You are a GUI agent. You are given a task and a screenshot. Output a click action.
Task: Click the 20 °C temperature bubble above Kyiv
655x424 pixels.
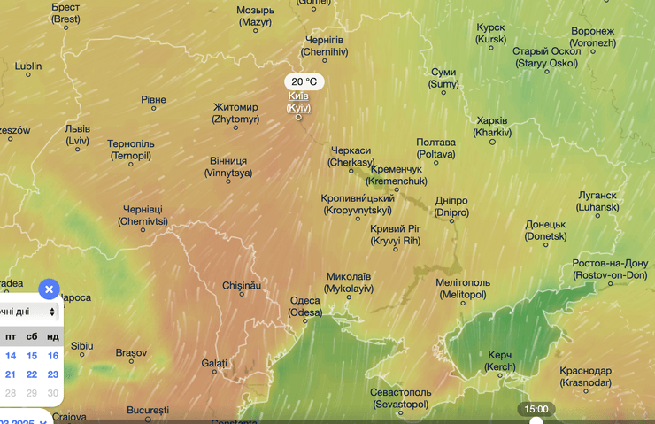click(304, 81)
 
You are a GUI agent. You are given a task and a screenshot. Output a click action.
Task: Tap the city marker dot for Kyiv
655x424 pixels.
click(298, 117)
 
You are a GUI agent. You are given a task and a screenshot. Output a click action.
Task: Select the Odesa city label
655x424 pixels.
click(305, 306)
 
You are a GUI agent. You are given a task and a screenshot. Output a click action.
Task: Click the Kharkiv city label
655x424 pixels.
click(492, 126)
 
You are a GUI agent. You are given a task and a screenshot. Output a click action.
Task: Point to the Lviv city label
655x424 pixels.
click(77, 135)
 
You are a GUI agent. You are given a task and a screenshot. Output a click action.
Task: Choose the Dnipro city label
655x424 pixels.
click(451, 206)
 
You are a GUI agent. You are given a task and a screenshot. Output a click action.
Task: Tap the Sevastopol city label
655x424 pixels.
click(401, 397)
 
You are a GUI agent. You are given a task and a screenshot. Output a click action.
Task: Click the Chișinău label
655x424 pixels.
click(242, 286)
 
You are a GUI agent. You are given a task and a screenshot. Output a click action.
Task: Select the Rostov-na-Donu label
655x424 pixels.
click(610, 269)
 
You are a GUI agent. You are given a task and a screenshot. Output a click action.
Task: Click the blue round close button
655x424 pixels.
click(50, 289)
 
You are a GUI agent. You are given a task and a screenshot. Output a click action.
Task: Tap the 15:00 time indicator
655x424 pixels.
click(536, 409)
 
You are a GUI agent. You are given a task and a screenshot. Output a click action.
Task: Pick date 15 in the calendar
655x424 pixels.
click(33, 355)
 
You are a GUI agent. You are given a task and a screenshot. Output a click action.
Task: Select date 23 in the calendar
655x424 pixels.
click(53, 374)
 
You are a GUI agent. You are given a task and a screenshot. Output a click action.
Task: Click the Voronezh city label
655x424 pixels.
click(592, 36)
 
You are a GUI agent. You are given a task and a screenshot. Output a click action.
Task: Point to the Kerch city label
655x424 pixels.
click(500, 360)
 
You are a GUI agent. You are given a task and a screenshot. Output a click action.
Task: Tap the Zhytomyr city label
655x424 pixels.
click(235, 112)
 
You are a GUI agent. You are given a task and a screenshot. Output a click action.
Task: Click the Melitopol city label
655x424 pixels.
click(461, 288)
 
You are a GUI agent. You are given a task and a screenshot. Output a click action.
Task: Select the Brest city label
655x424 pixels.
click(65, 12)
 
